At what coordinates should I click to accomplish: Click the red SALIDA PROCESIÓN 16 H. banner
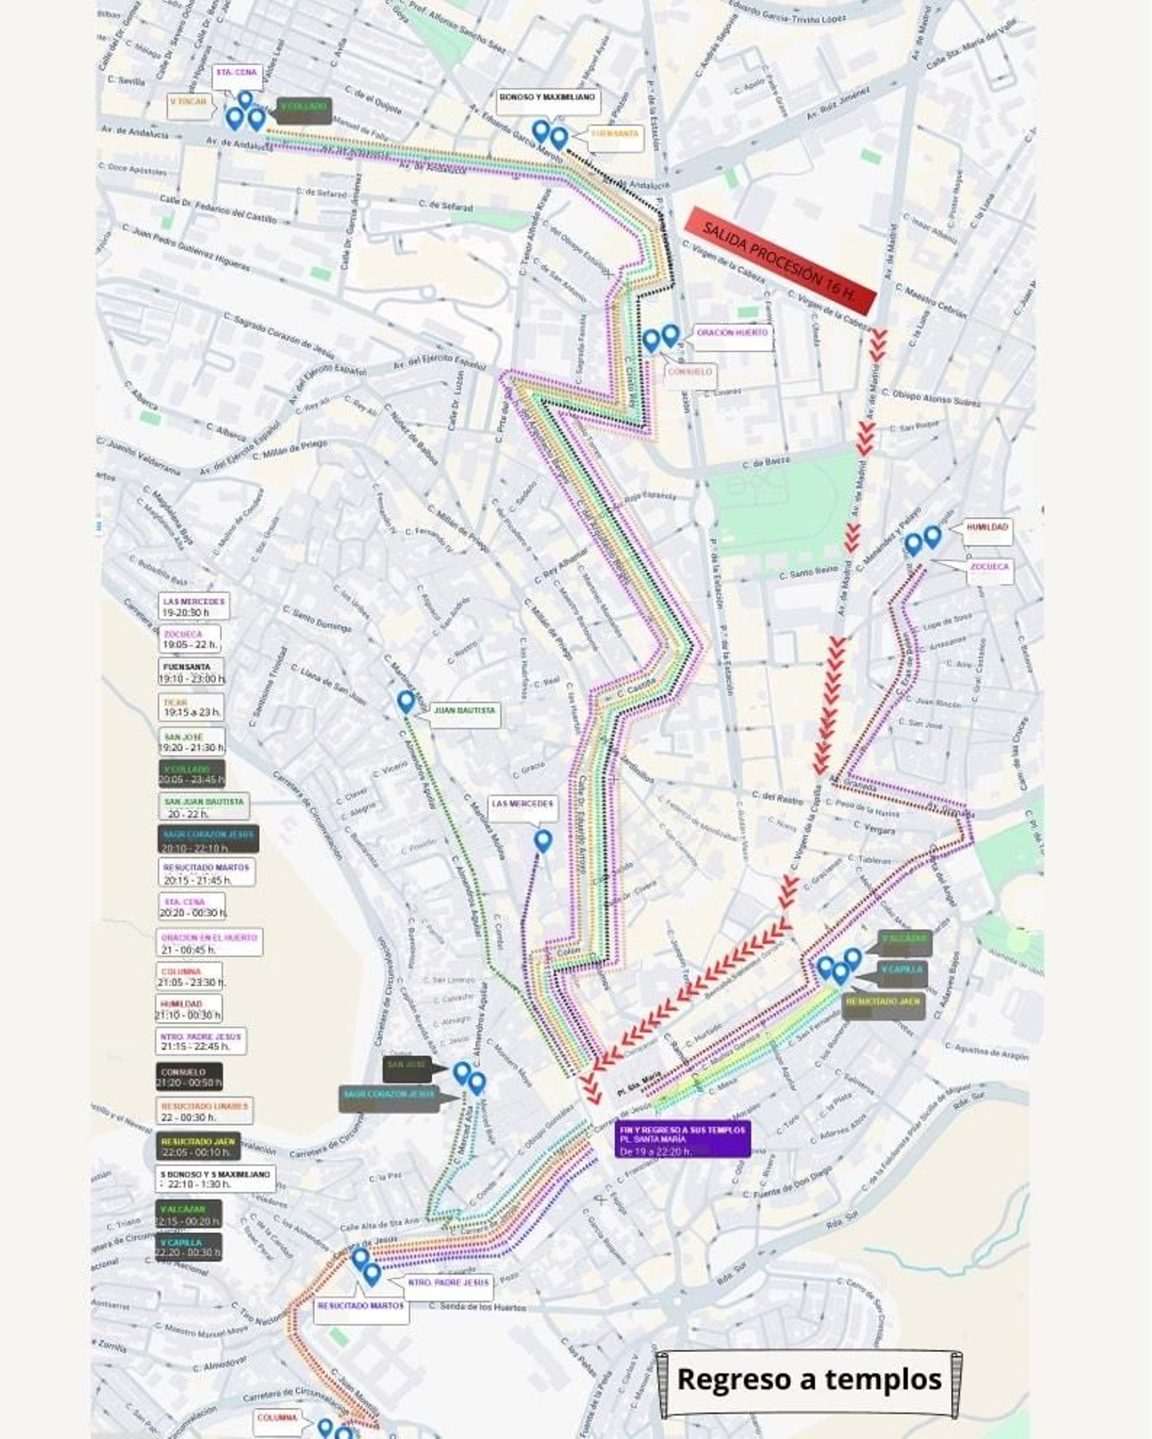click(781, 261)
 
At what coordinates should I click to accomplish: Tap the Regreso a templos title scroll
click(809, 1379)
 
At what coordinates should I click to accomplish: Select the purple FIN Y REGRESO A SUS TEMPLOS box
click(682, 1140)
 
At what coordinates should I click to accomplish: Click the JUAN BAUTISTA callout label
click(464, 711)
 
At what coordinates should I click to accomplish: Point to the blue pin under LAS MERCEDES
click(543, 841)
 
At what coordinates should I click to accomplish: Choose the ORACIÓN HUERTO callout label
click(732, 333)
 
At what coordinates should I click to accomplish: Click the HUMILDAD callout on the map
click(987, 528)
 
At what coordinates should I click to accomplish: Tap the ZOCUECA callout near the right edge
click(989, 567)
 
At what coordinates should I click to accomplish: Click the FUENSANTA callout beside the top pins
click(615, 135)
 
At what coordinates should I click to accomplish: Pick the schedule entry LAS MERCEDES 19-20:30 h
click(193, 607)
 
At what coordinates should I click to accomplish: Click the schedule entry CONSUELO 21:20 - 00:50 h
click(189, 1078)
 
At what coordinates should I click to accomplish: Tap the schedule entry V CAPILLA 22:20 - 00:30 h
click(188, 1248)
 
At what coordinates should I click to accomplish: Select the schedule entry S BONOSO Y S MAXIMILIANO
click(215, 1179)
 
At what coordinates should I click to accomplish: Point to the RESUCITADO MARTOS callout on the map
click(361, 1307)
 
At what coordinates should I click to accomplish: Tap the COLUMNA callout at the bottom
click(278, 1417)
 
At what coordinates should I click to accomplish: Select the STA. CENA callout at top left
click(237, 73)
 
